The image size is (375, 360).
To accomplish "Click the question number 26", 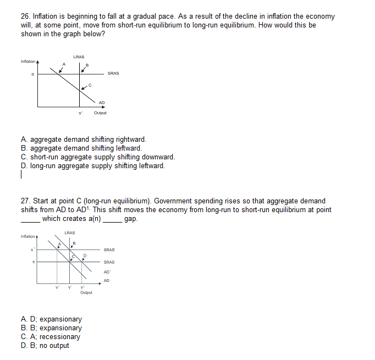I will click(25, 17).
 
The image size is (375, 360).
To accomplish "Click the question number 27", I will click(25, 201).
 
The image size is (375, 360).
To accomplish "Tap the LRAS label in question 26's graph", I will click(78, 56).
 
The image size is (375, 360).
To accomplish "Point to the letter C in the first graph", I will click(90, 84).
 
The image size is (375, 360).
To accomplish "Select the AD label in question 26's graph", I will click(102, 102).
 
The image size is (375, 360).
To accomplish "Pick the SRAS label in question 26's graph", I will click(113, 73).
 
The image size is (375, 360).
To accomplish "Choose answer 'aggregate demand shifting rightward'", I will click(84, 140).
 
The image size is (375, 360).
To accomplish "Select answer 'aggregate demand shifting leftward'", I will click(81, 148).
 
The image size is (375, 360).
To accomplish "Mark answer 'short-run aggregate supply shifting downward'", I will click(98, 157).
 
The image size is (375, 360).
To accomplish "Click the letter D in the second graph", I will click(85, 255).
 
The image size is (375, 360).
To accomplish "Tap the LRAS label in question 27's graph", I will click(70, 232).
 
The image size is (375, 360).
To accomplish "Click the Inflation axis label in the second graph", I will click(27, 237).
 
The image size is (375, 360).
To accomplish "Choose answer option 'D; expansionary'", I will click(51, 319).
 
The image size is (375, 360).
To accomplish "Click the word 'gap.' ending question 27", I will click(131, 219).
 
